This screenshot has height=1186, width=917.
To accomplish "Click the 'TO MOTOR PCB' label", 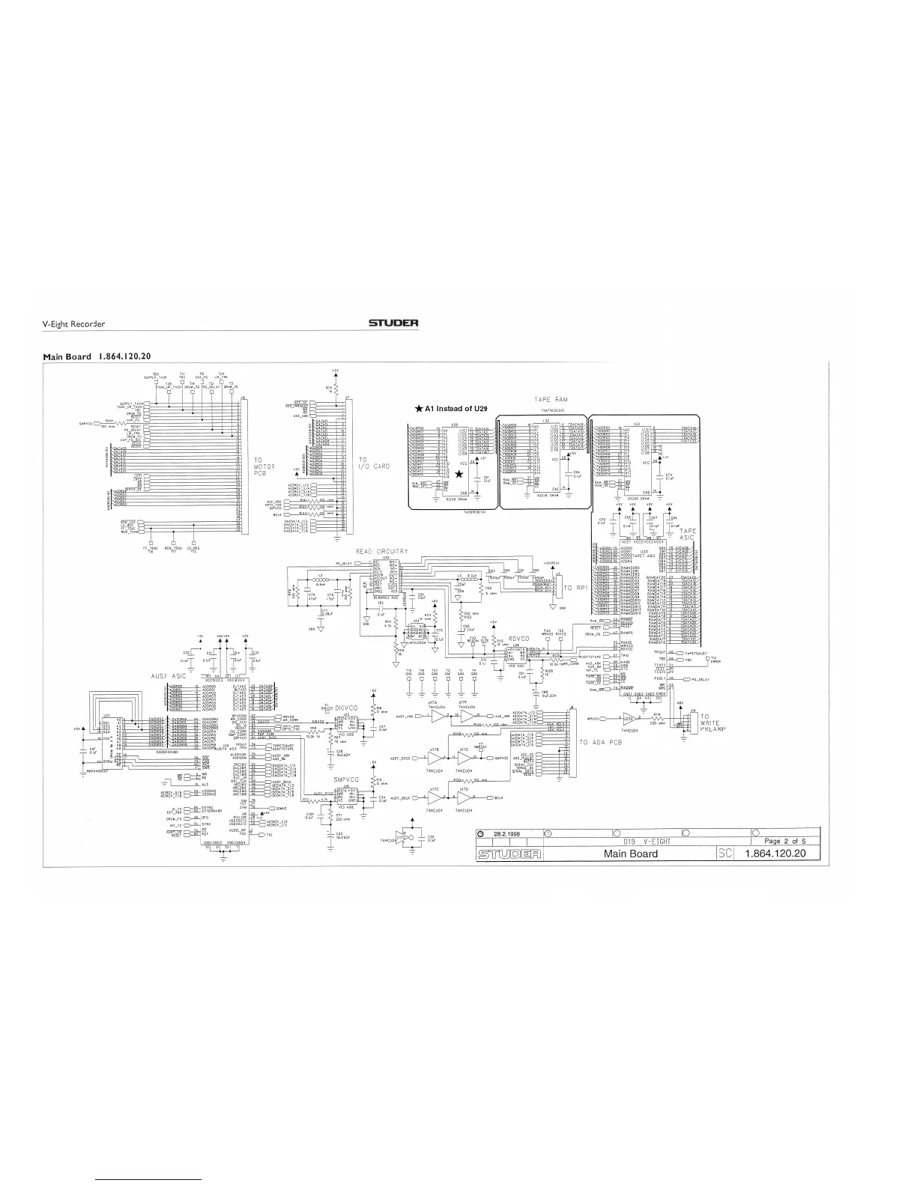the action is [264, 467].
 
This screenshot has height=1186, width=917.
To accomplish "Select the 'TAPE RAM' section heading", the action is [553, 401].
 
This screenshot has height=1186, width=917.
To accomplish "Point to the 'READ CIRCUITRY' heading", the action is [382, 552].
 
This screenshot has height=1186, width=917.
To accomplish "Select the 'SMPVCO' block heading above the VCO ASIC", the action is [348, 779].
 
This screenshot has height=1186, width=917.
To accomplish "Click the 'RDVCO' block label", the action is [518, 639].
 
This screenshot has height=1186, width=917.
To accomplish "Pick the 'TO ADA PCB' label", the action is [600, 742].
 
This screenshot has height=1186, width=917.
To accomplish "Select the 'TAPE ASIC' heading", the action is [686, 535].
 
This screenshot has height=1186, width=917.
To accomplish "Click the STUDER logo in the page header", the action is [393, 323].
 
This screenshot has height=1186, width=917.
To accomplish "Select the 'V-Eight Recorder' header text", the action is [73, 324].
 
